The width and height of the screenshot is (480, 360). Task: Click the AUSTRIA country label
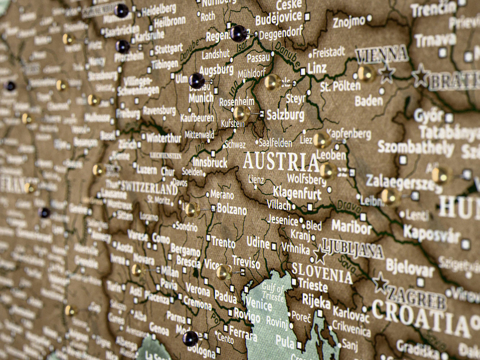281,162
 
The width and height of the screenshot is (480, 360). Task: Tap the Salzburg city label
285,115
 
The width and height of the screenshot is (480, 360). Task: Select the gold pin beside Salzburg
241,113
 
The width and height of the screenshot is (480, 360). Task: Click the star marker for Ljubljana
320,255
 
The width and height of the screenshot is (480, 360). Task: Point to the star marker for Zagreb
380,283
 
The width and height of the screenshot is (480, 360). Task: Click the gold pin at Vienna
366,73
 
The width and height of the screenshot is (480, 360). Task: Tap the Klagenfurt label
297,193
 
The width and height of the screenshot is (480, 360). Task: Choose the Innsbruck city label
210,163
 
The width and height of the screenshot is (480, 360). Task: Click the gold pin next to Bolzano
192,210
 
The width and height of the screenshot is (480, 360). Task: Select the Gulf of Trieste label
273,292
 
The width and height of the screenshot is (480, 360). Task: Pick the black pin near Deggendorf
239,34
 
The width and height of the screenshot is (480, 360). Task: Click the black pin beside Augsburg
197,81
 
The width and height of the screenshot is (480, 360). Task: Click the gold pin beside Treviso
224,273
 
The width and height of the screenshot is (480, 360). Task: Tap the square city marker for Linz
303,71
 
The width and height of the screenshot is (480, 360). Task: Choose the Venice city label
259,303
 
